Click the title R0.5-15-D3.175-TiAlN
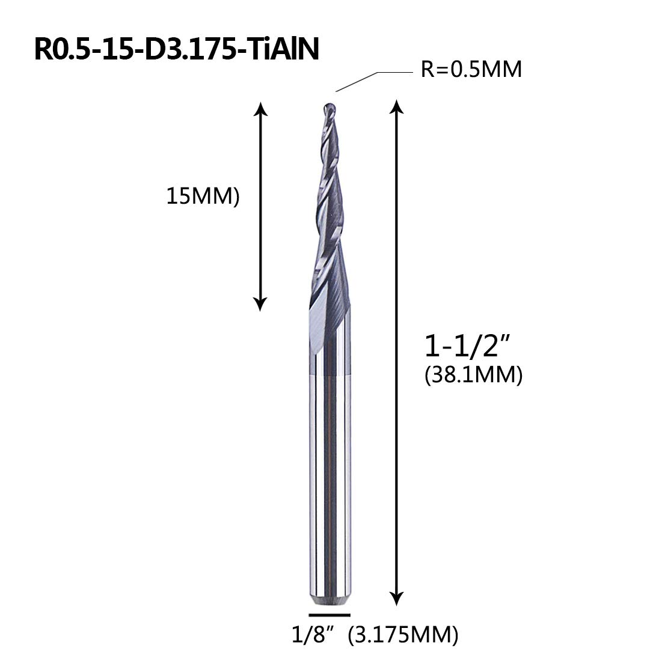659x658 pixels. click(x=177, y=49)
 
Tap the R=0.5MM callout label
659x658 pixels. click(x=471, y=69)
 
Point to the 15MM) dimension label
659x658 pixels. click(x=203, y=196)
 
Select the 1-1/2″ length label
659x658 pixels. click(x=467, y=346)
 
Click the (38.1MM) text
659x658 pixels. click(x=474, y=375)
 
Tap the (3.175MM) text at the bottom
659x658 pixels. click(x=403, y=635)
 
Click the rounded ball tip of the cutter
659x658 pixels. click(x=329, y=108)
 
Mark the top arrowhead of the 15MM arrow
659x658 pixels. click(x=260, y=108)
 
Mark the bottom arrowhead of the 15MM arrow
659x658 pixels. click(x=260, y=304)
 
